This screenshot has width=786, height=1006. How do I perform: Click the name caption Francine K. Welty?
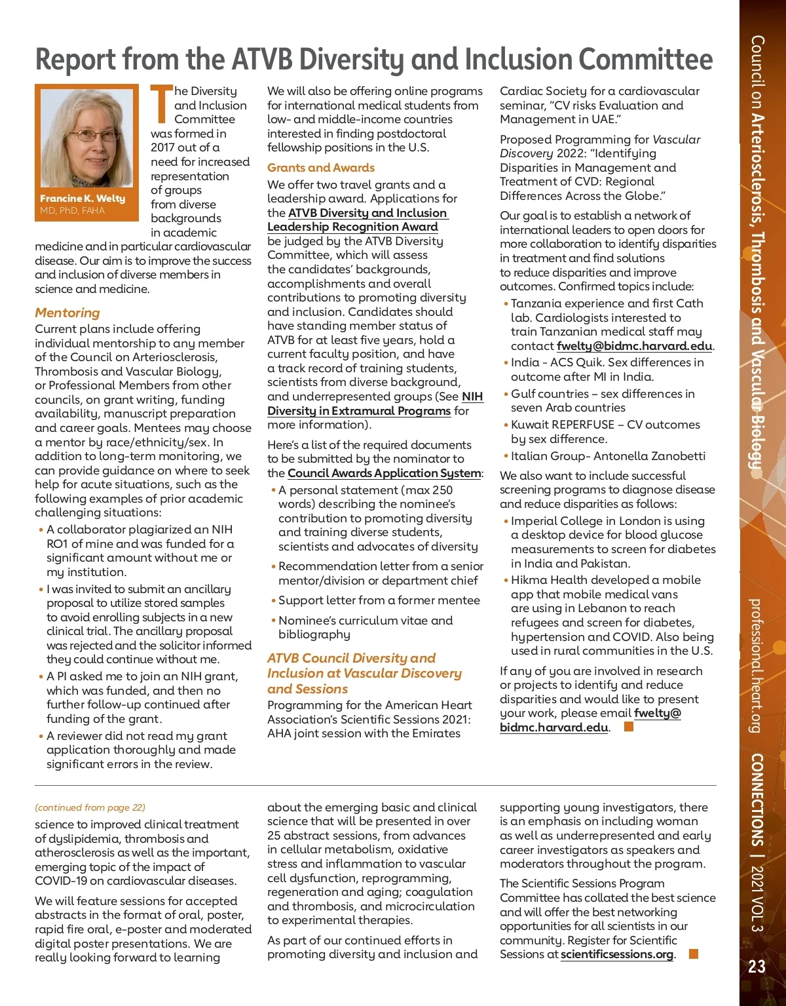[83, 199]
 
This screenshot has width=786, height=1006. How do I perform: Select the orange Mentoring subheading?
[67, 313]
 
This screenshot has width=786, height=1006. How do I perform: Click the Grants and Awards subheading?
[321, 168]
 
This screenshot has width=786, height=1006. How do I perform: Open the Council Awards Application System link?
[384, 473]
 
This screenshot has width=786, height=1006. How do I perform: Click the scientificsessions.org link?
[617, 954]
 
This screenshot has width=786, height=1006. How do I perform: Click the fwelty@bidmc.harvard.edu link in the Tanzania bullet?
[634, 346]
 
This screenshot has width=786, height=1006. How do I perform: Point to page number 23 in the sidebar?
[757, 967]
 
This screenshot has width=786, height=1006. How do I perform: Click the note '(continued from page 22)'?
[90, 807]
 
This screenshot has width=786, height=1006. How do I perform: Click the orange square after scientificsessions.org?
[694, 954]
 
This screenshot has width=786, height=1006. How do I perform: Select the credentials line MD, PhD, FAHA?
[72, 210]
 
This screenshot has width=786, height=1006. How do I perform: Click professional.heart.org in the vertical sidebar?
[756, 665]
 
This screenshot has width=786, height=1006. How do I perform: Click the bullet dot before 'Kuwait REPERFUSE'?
[506, 425]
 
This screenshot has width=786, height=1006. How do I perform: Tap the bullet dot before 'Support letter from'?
[273, 600]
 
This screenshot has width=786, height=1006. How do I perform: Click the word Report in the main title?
[75, 60]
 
